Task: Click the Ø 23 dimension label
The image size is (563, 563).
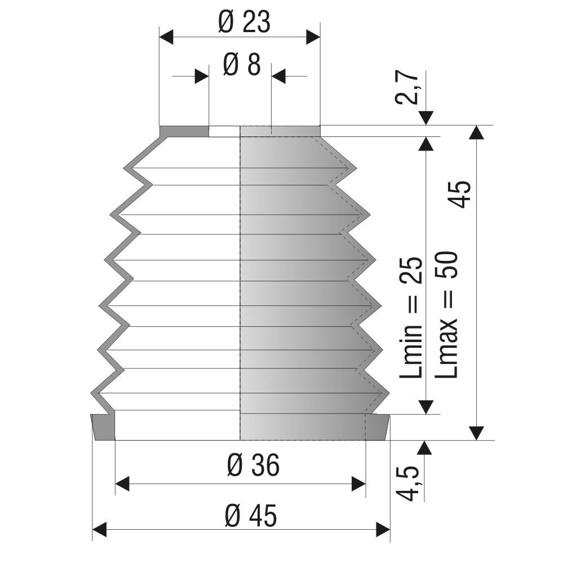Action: click(244, 23)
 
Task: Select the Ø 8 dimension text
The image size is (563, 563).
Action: click(242, 65)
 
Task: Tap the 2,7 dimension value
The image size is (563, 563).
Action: click(408, 87)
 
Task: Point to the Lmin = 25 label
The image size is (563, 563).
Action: click(410, 317)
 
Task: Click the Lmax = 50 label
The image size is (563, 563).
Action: click(446, 314)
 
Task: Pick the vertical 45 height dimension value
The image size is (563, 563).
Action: click(460, 194)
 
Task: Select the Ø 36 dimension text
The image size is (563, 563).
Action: click(253, 466)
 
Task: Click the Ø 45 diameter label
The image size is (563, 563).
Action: click(251, 516)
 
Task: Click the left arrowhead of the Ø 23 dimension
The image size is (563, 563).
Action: click(166, 37)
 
